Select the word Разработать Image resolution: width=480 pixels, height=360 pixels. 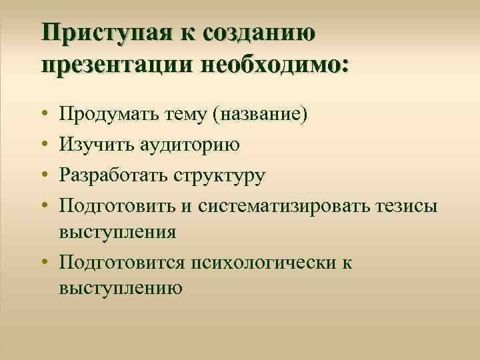pyautogui.click(x=113, y=176)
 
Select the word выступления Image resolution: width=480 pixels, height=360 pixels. pyautogui.click(x=117, y=233)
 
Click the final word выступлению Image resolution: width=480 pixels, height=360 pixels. pyautogui.click(x=121, y=288)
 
